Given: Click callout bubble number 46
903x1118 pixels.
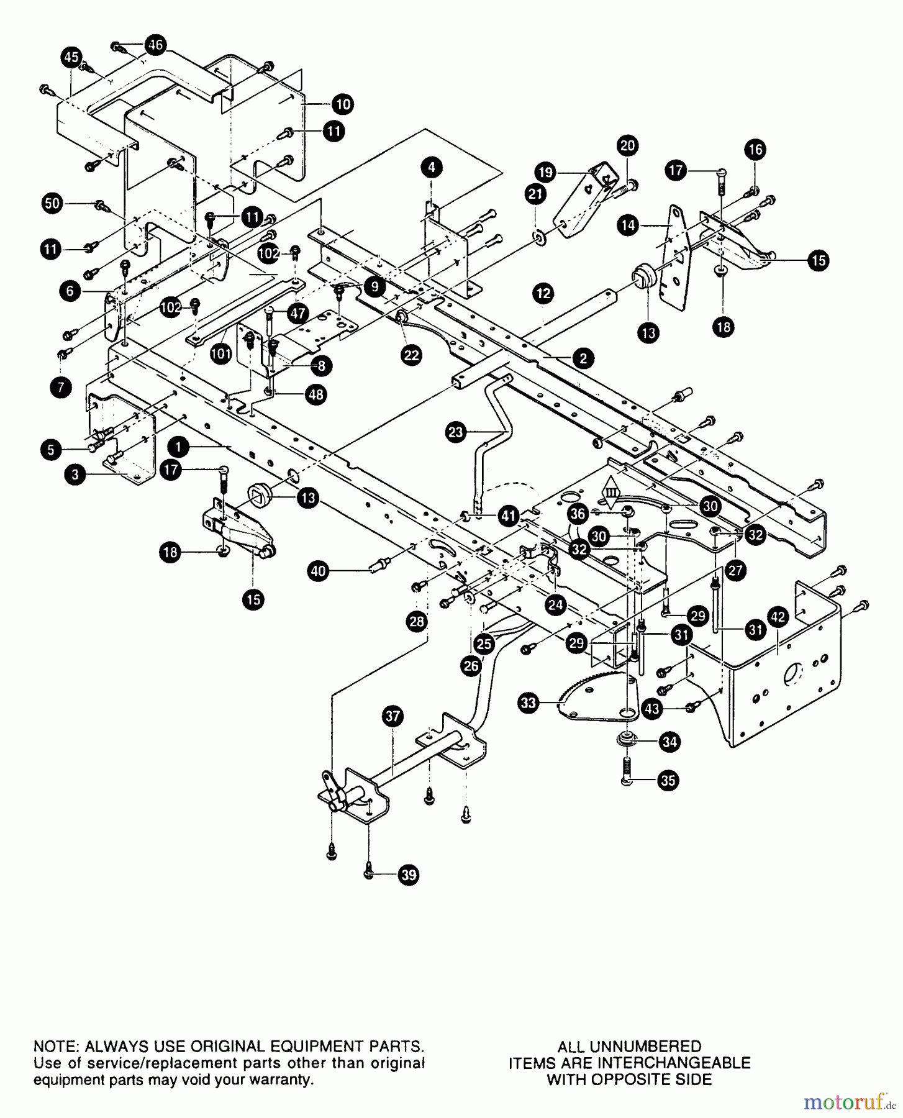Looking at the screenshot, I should click(155, 45).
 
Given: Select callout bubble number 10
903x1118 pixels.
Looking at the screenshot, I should click(342, 104).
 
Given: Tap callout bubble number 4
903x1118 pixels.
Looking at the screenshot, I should click(432, 166).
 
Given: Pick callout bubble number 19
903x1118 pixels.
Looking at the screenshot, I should click(546, 172).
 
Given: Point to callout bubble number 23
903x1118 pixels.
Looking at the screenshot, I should click(456, 432).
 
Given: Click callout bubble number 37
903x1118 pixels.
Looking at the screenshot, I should click(393, 716).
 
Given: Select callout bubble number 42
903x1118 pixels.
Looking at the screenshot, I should click(778, 617).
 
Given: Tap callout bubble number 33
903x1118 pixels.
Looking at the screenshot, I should click(529, 703).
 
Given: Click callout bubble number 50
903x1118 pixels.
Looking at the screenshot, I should click(53, 203).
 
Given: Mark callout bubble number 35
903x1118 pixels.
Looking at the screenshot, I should click(668, 780).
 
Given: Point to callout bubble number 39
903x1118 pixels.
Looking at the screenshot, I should click(408, 875).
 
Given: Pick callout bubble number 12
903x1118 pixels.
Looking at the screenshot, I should click(543, 293).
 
